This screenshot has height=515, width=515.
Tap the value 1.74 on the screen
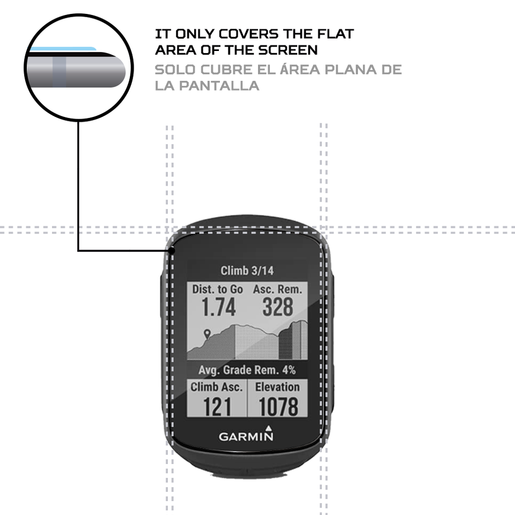[x=218, y=307]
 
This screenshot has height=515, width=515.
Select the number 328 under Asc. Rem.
[x=278, y=307]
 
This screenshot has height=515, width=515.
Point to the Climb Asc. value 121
[x=217, y=407]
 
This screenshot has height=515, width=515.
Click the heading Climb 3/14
[x=247, y=270]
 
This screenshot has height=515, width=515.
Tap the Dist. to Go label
[x=217, y=289]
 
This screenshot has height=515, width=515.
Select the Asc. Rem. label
[x=277, y=289]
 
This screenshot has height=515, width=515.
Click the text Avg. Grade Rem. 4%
[x=247, y=370]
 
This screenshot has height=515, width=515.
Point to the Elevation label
[x=277, y=387]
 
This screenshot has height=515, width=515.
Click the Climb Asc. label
[x=217, y=387]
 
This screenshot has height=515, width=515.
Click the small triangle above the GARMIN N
[x=268, y=428]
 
